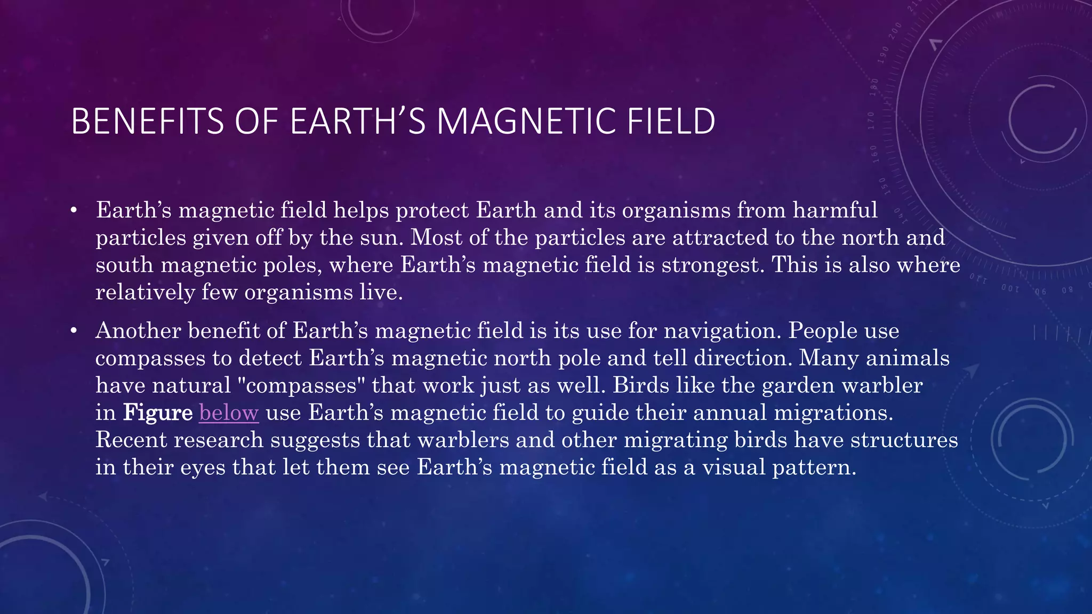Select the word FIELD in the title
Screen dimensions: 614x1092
[671, 122]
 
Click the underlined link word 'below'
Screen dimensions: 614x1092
[229, 413]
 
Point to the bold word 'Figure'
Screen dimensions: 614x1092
[158, 413]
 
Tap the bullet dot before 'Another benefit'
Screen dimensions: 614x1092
[74, 331]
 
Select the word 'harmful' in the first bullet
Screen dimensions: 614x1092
[835, 210]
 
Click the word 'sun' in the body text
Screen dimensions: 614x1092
[379, 238]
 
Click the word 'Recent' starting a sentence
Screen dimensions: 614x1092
[131, 440]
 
